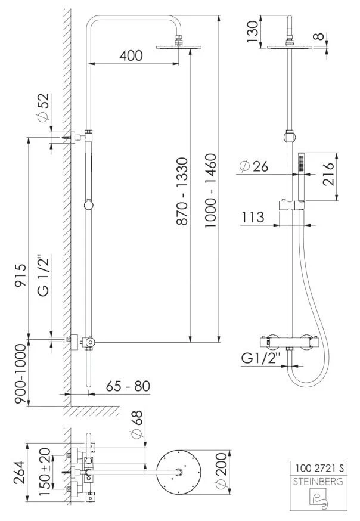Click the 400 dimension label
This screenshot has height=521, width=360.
131,56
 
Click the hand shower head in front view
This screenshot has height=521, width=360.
302,162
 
